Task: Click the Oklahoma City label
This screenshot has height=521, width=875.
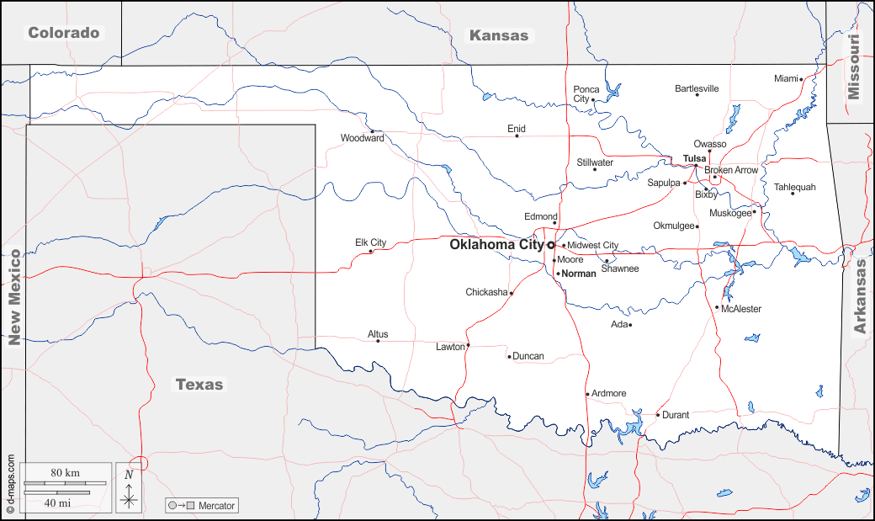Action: (x=496, y=245)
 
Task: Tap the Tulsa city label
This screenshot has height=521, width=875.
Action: (x=694, y=158)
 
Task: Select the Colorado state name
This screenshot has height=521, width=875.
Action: (x=64, y=33)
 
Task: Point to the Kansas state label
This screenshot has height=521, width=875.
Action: (x=499, y=35)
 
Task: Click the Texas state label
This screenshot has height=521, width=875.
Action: (x=199, y=385)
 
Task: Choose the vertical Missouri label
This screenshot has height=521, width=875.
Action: (x=855, y=67)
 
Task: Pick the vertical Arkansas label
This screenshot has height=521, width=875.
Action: (x=861, y=297)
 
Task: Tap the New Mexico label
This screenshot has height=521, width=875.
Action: (x=14, y=297)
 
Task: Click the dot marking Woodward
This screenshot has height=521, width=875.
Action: (x=372, y=131)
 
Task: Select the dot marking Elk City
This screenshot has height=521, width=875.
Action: (x=371, y=251)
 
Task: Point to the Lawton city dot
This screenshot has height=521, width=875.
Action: (x=468, y=345)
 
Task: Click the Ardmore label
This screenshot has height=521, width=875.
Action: (x=609, y=393)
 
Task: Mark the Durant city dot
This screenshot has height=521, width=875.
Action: (x=658, y=414)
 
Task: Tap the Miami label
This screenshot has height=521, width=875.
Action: (x=786, y=78)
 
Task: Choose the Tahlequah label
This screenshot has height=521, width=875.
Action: (x=794, y=187)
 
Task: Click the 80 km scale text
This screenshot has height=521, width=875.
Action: (x=65, y=473)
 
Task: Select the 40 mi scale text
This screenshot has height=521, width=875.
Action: (x=56, y=502)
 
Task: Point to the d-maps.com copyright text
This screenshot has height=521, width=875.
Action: (x=10, y=484)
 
